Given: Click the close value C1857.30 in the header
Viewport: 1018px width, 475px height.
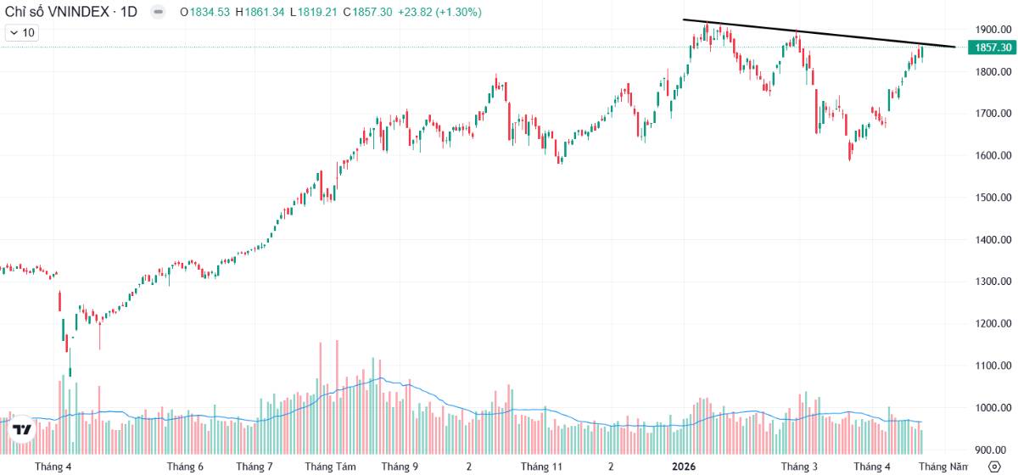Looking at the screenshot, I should (x=370, y=12).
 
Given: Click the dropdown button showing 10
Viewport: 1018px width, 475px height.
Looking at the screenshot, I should (x=23, y=32).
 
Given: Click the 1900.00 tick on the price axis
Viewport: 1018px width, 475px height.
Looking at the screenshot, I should (x=991, y=30).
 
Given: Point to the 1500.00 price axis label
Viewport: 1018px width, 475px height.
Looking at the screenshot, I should (x=991, y=198).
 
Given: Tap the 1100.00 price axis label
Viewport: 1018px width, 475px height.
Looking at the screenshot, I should (x=991, y=366).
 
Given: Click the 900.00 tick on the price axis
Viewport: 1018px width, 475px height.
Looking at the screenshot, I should (x=991, y=450).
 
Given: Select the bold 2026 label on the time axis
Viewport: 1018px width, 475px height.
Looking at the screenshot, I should (x=685, y=467).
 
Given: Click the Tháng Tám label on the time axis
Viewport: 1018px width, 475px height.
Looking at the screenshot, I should (x=329, y=467).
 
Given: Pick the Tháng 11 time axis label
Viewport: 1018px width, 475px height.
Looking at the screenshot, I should (x=541, y=467).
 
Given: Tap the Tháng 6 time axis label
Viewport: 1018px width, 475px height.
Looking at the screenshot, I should (x=185, y=467).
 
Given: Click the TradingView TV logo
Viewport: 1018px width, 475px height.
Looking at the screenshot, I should (x=22, y=429).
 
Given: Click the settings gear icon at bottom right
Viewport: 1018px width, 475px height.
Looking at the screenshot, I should (x=994, y=466).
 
